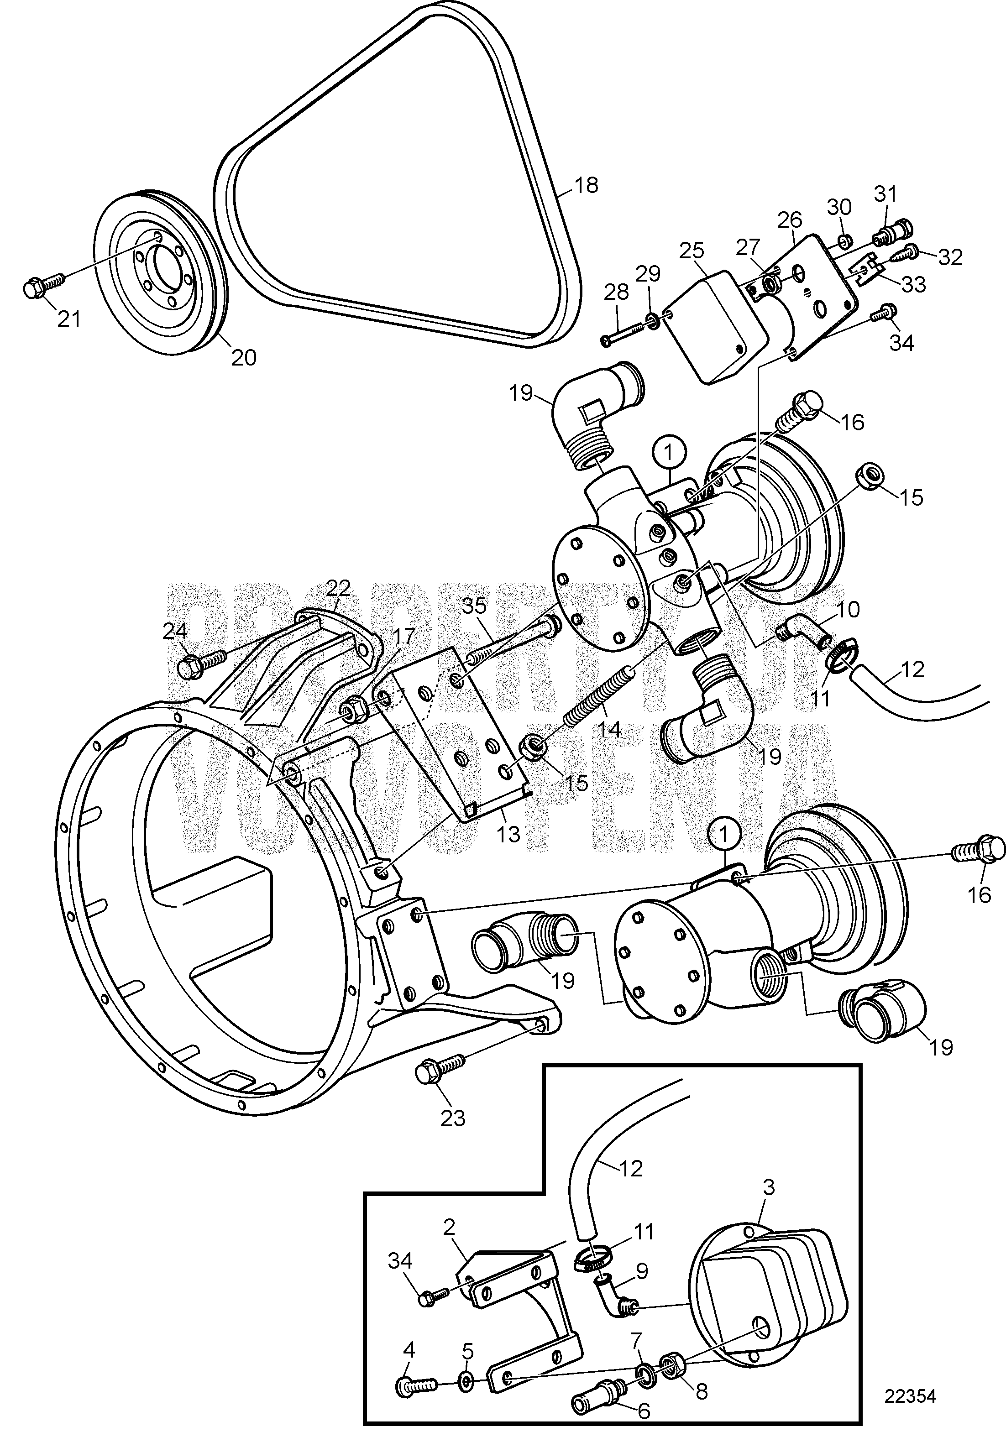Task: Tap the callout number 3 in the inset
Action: (768, 1187)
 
